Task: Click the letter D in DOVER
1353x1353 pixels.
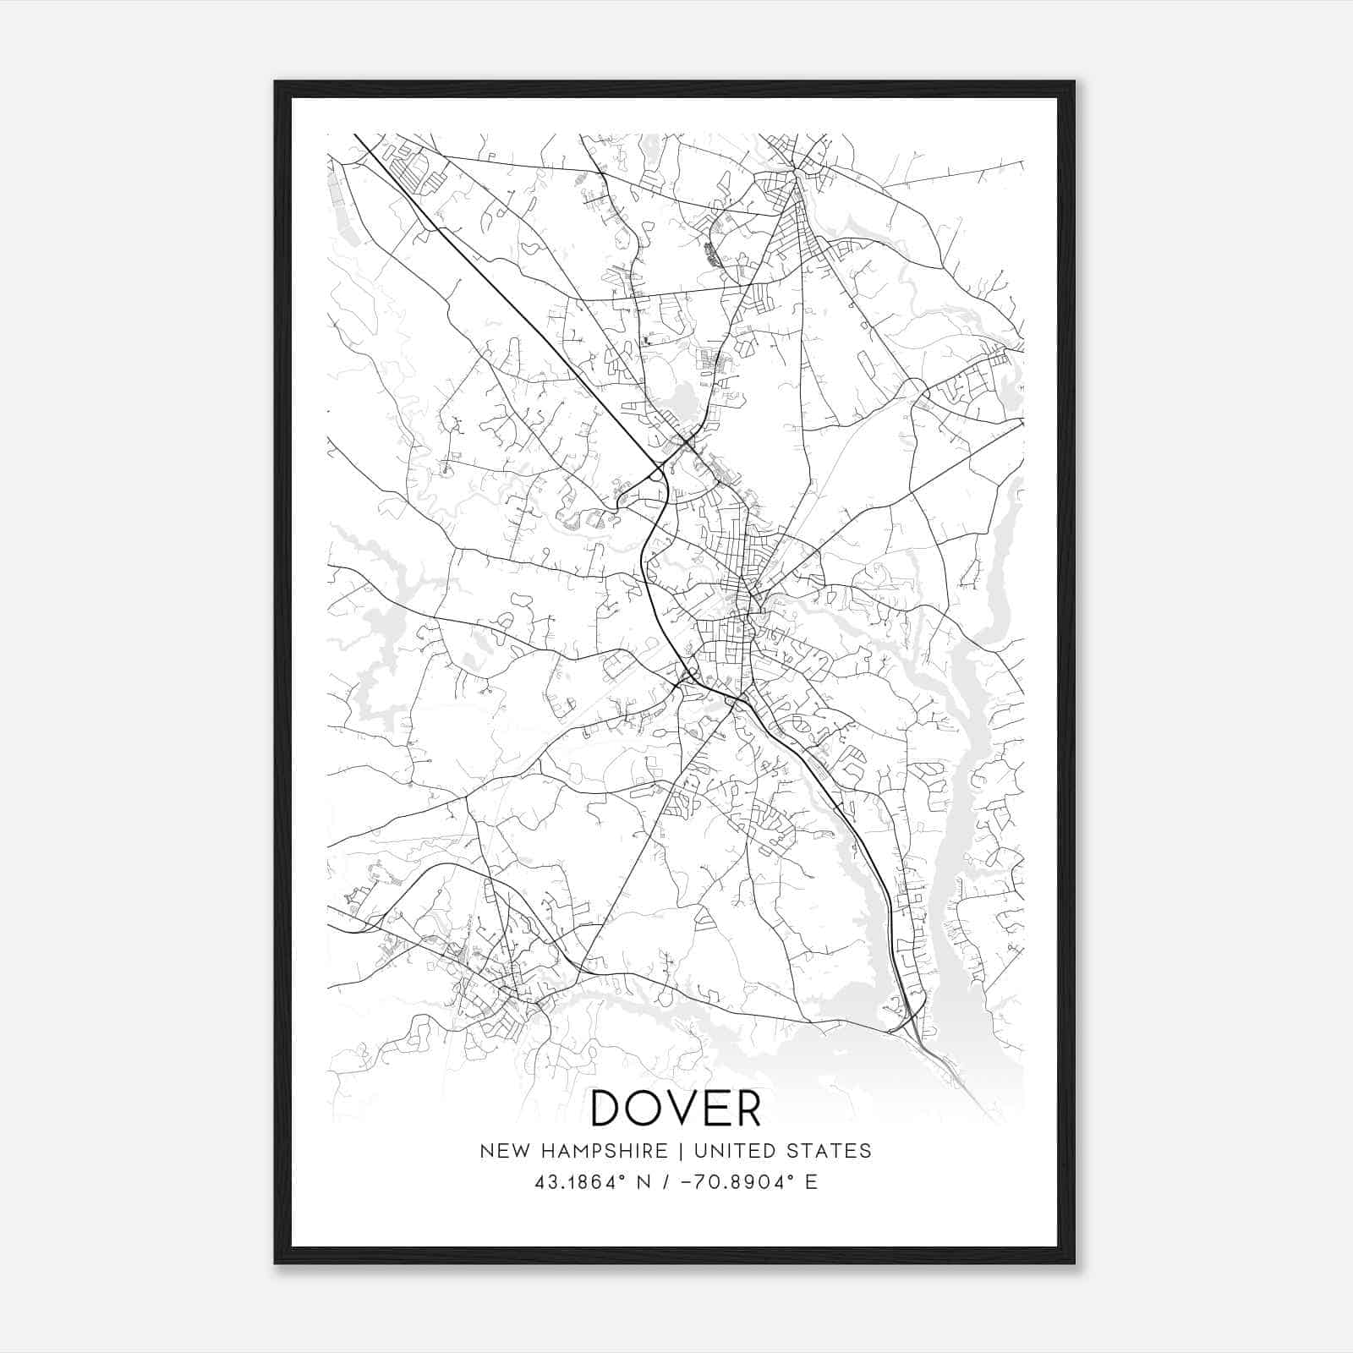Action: tap(609, 1108)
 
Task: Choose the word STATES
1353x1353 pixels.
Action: tap(829, 1151)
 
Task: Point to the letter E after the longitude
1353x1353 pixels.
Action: tap(812, 1182)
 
